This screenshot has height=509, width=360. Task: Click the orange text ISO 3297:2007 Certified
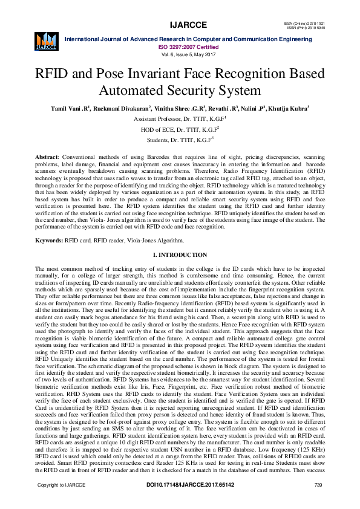point(188,46)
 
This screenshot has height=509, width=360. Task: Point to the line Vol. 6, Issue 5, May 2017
point(188,54)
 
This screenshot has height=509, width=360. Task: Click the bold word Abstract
point(47,157)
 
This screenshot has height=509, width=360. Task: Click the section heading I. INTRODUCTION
point(180,256)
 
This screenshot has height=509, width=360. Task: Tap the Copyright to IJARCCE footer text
point(62,502)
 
